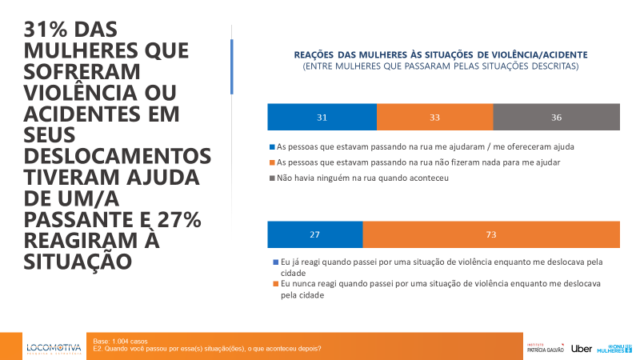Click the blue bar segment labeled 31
click(x=322, y=118)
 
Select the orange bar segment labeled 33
click(x=434, y=118)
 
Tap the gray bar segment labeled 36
click(x=556, y=118)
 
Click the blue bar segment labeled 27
click(x=314, y=234)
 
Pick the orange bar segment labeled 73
click(x=491, y=234)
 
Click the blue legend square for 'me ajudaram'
click(x=271, y=147)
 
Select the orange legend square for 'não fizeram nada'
click(x=271, y=162)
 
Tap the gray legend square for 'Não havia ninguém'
click(x=271, y=178)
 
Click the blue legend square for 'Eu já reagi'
click(x=271, y=262)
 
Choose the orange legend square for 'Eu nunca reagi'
click(x=271, y=284)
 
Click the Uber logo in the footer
click(x=582, y=348)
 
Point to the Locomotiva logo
click(x=54, y=348)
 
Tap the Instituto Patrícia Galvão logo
click(x=546, y=347)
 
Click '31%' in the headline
click(x=50, y=30)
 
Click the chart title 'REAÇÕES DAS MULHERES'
click(x=441, y=54)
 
